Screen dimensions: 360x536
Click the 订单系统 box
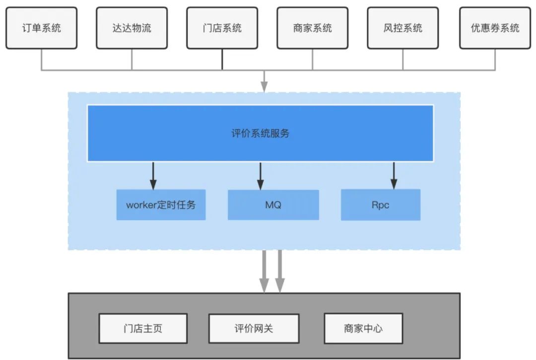(42, 28)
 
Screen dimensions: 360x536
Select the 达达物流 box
(132, 28)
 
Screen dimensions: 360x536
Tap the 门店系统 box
(222, 28)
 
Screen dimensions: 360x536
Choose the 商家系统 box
(313, 28)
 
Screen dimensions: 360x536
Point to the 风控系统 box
(403, 28)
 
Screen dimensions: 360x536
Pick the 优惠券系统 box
(495, 28)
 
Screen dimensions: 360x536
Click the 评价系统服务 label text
(261, 133)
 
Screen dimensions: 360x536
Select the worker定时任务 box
(161, 204)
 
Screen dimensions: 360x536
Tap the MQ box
(273, 204)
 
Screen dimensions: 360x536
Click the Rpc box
(380, 204)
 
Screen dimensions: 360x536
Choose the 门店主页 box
(143, 328)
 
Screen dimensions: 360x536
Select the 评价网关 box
(254, 328)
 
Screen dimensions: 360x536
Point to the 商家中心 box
(363, 328)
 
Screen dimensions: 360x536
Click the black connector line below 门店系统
(222, 60)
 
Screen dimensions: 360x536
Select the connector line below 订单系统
(42, 60)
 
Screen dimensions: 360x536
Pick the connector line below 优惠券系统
(495, 60)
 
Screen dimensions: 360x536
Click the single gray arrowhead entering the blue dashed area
(264, 87)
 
